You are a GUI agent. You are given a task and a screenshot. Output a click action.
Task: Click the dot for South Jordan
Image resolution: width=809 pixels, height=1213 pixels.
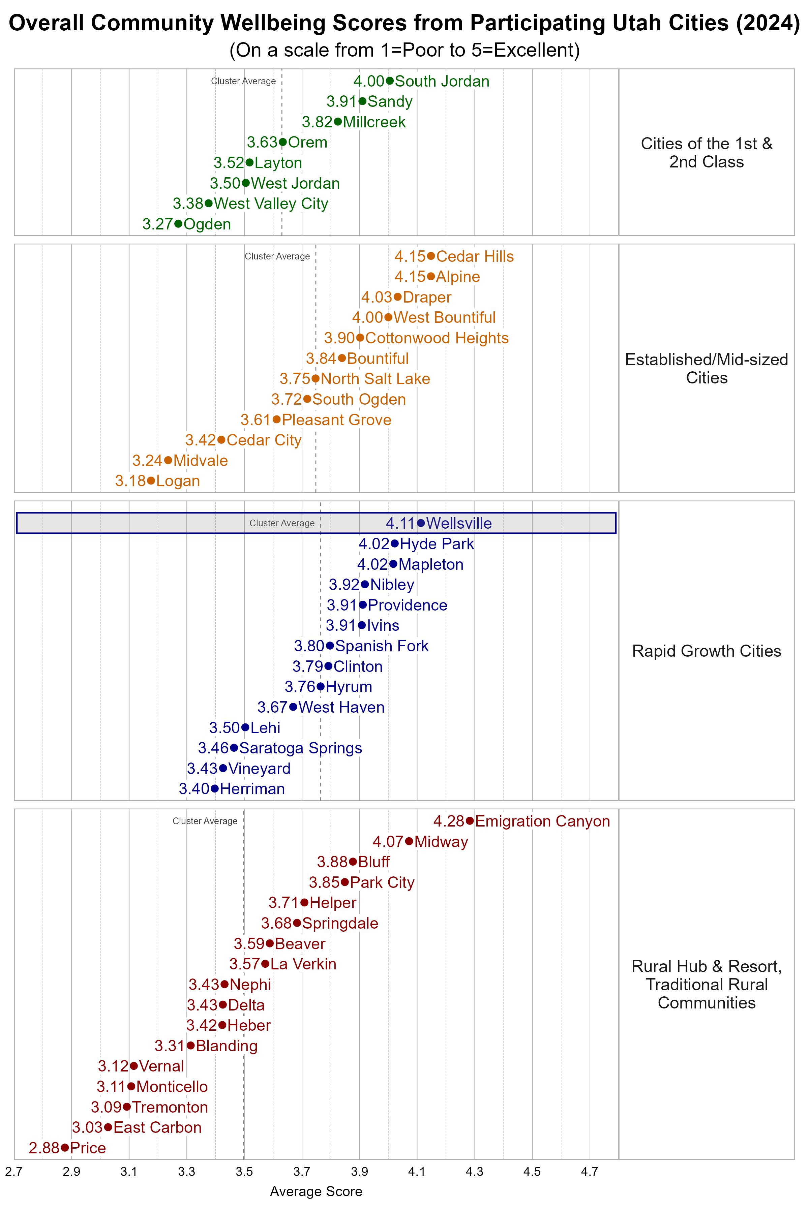coord(390,81)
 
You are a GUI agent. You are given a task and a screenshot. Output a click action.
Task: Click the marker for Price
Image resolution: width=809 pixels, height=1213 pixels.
coord(64,1148)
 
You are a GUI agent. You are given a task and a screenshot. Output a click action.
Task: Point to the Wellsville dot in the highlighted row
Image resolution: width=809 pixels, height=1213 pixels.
coord(421,523)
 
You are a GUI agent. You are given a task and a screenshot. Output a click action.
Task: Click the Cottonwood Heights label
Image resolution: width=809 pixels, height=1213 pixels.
coord(437,338)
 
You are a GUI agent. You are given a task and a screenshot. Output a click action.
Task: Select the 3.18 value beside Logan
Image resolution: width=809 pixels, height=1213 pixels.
coord(130,481)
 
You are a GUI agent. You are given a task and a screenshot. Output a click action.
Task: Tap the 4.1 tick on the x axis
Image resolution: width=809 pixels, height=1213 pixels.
coord(417,1172)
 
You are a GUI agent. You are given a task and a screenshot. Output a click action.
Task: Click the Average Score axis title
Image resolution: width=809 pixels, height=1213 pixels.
coord(316,1191)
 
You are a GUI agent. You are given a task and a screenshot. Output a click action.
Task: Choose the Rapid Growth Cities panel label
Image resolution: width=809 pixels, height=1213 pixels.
coord(706,651)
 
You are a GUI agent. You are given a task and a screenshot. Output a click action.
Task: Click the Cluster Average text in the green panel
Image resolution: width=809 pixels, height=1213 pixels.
coord(243,81)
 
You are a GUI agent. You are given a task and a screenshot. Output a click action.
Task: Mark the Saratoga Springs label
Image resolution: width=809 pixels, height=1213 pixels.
coord(300,748)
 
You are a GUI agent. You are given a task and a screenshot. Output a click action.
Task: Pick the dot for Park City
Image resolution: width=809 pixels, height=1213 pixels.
coord(344,882)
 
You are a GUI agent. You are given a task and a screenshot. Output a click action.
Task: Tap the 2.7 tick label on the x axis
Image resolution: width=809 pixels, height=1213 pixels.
coord(14,1172)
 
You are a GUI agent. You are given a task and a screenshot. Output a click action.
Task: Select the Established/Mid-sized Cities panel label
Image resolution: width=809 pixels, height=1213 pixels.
coord(706,368)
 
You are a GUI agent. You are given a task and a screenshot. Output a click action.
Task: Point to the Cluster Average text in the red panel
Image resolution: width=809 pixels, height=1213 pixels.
coord(205,821)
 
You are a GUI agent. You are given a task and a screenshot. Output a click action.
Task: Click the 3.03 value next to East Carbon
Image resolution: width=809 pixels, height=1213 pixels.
coord(87,1127)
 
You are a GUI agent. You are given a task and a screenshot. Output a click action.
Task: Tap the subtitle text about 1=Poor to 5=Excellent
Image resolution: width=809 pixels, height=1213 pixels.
coord(404,50)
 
